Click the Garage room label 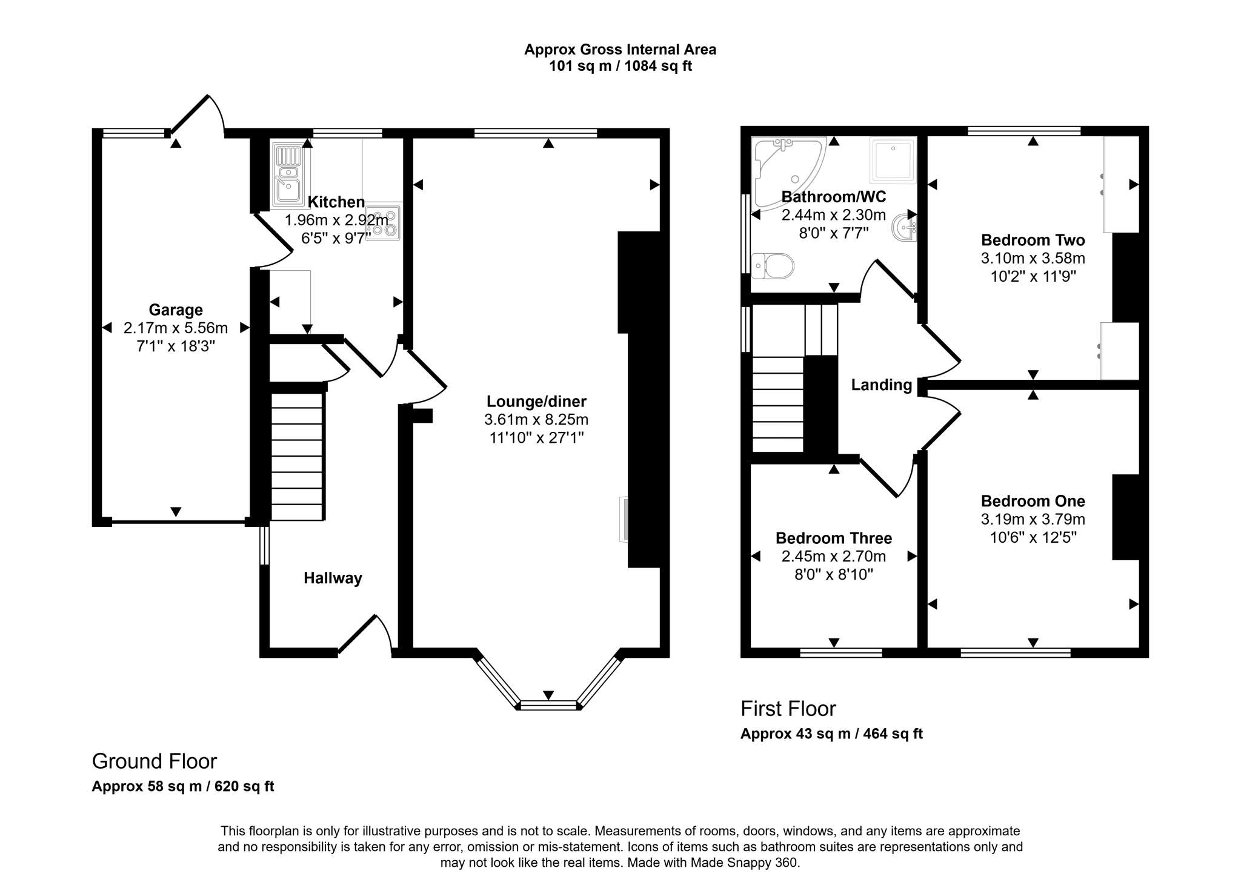pyautogui.click(x=176, y=310)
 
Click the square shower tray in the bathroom pyautogui.click(x=893, y=161)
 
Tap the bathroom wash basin pyautogui.click(x=905, y=230)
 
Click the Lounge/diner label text pyautogui.click(x=536, y=402)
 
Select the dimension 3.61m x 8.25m pyautogui.click(x=536, y=420)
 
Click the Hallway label pyautogui.click(x=333, y=578)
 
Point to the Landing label pyautogui.click(x=881, y=385)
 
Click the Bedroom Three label pyautogui.click(x=834, y=538)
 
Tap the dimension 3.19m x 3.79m pyautogui.click(x=1033, y=520)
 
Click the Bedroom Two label pyautogui.click(x=1033, y=240)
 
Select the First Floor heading pyautogui.click(x=788, y=709)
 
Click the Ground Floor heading pyautogui.click(x=154, y=761)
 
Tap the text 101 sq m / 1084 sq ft pyautogui.click(x=620, y=66)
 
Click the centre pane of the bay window pyautogui.click(x=548, y=705)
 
